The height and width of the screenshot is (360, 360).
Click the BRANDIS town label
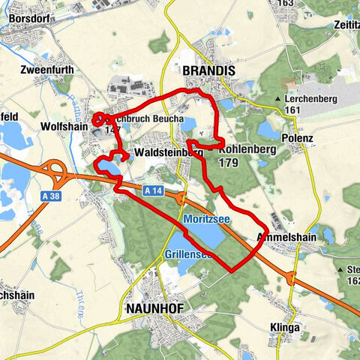point(209,70)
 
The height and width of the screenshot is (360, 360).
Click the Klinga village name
point(284,328)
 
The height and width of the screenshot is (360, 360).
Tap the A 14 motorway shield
point(151,192)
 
